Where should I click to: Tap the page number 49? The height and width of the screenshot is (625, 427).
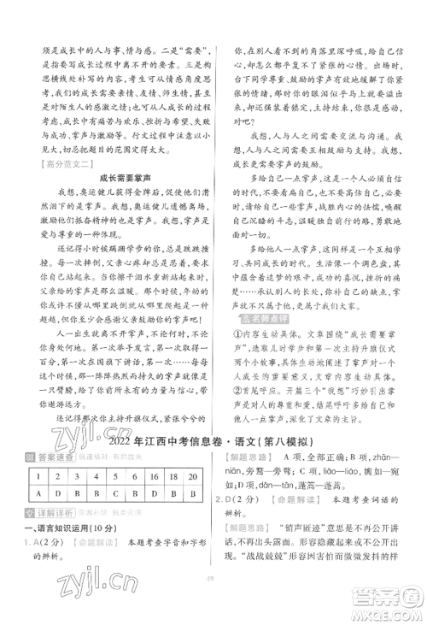(x=213, y=599)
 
